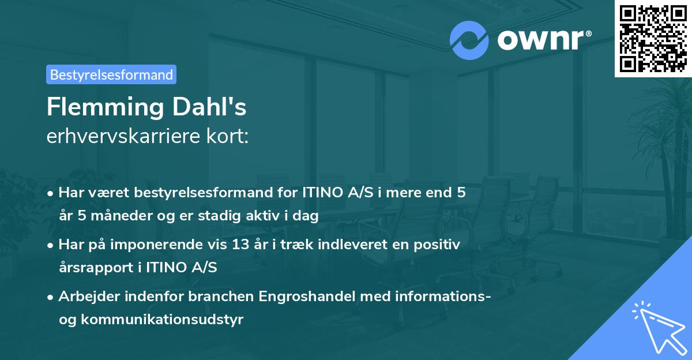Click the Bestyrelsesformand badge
(111, 74)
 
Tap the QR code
(653, 38)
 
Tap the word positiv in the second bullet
(437, 245)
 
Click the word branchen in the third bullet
(221, 297)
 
